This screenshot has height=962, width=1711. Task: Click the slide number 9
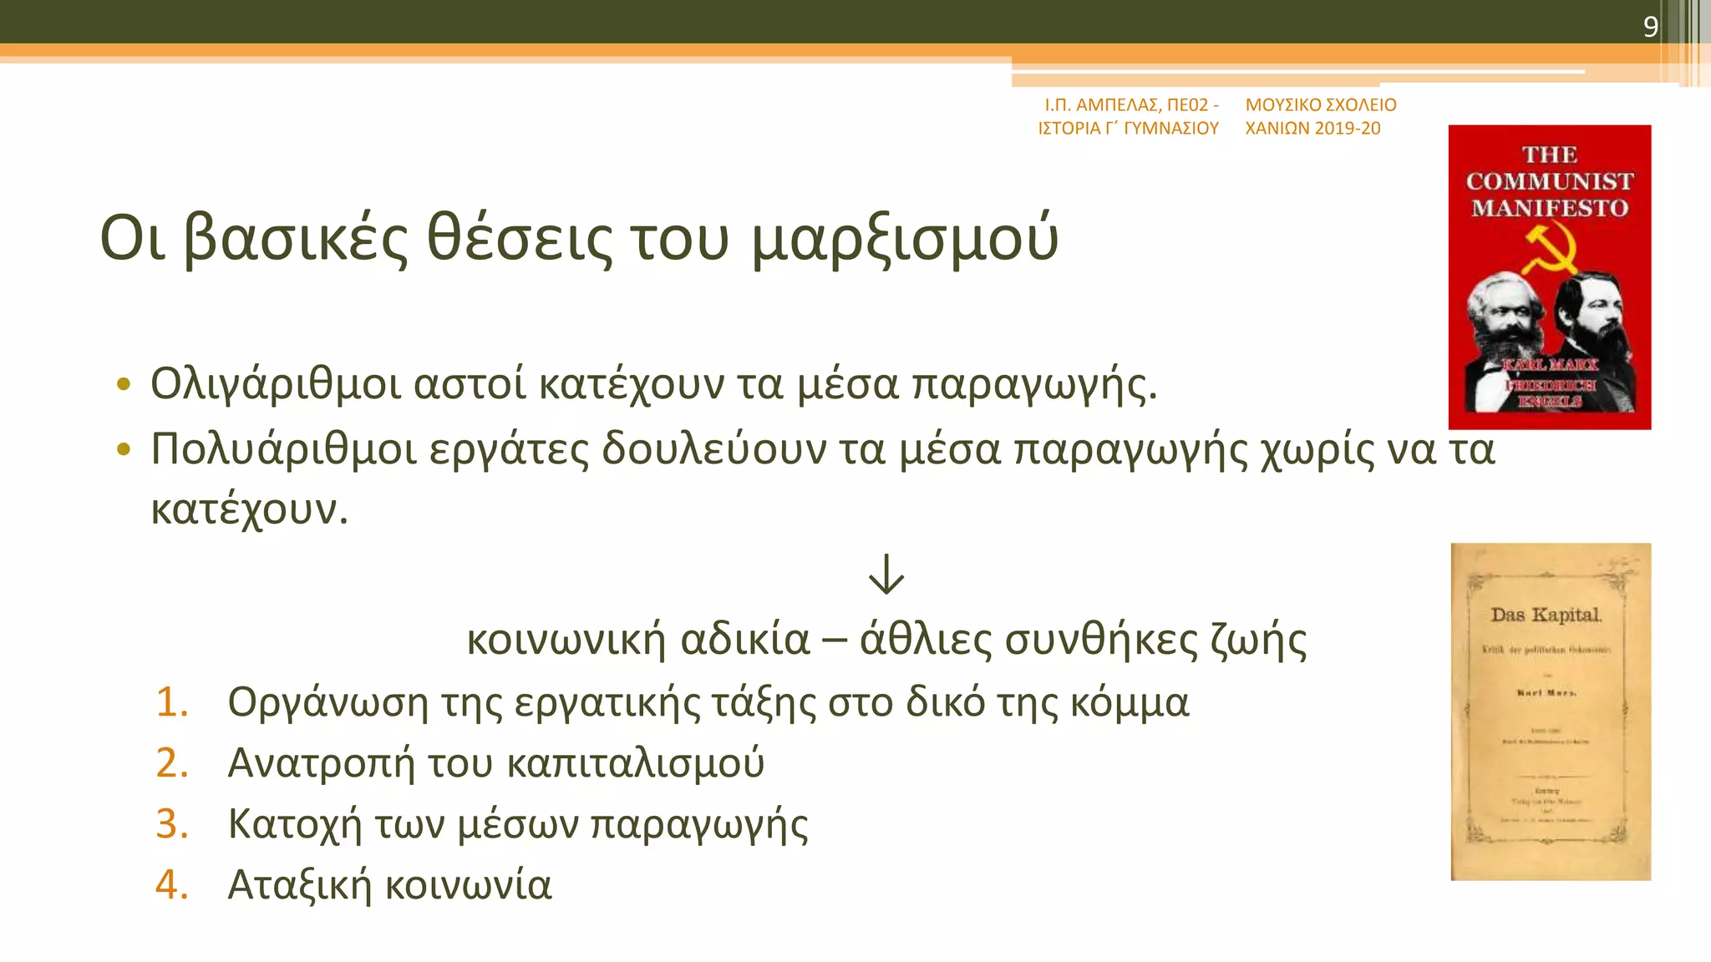click(1650, 27)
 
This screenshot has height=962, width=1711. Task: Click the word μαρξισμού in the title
click(905, 240)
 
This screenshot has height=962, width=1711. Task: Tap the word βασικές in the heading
click(296, 240)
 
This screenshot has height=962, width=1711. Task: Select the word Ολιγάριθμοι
click(275, 385)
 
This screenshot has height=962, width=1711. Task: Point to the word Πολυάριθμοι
click(282, 449)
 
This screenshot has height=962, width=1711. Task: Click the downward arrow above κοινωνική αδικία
click(886, 574)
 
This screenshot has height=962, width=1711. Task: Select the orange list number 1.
click(172, 702)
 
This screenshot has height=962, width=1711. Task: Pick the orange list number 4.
click(172, 885)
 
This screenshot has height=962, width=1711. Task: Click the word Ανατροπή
click(321, 763)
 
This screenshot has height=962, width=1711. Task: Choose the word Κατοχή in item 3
click(294, 824)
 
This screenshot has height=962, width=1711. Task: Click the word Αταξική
click(299, 885)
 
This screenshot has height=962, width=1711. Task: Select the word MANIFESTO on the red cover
click(1550, 208)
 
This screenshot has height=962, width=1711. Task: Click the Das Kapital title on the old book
click(1546, 615)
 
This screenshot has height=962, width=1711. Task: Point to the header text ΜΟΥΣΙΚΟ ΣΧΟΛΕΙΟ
click(1321, 105)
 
